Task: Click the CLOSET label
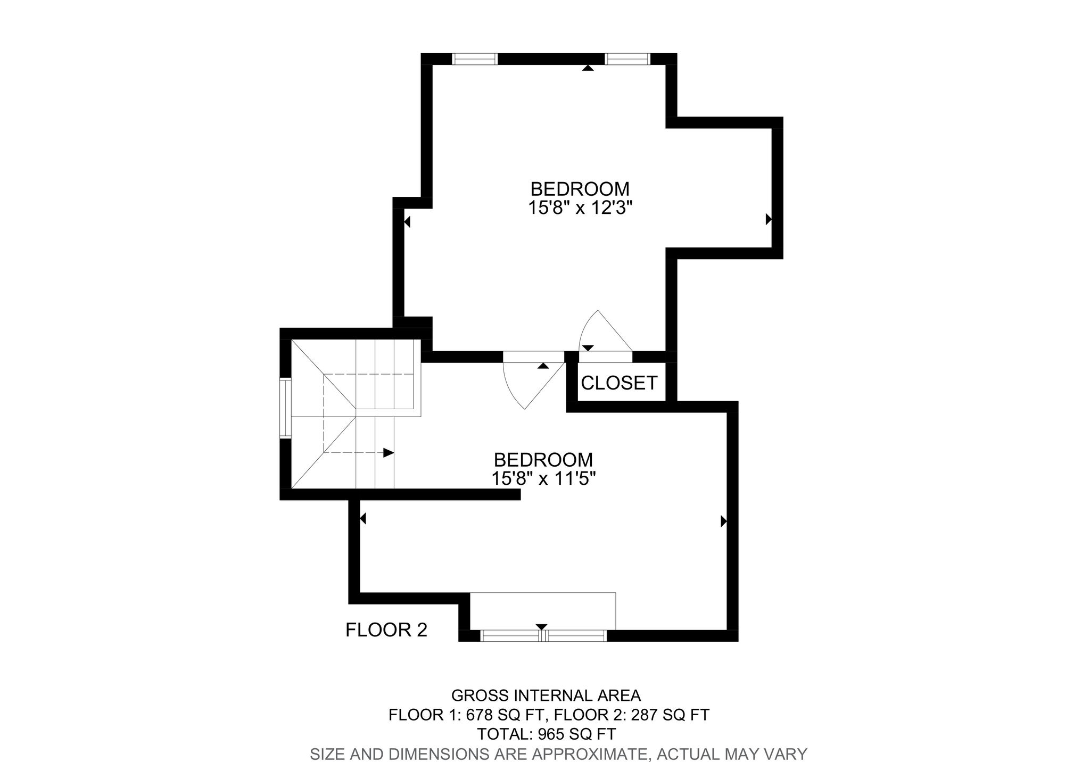(619, 383)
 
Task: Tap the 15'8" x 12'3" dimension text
(580, 208)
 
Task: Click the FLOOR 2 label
(386, 630)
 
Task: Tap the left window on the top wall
(475, 59)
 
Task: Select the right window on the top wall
(627, 59)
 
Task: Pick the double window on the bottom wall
(543, 635)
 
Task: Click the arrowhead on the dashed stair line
(389, 453)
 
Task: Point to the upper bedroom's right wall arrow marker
(768, 219)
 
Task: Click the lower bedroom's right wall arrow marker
(723, 521)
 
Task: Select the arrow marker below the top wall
(588, 68)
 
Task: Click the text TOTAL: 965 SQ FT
(546, 734)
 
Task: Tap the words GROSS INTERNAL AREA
(546, 696)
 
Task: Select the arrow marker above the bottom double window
(542, 626)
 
